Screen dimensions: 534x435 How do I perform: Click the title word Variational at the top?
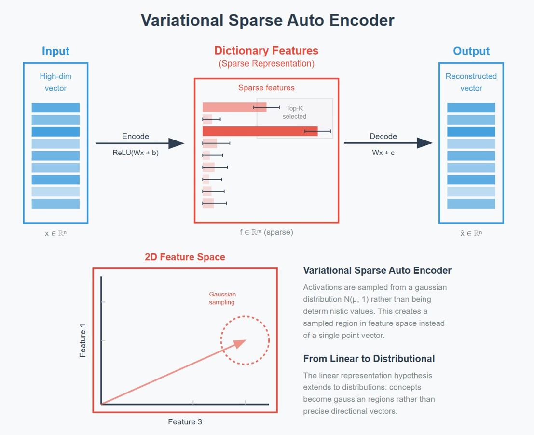coord(182,20)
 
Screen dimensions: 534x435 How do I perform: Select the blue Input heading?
coord(56,51)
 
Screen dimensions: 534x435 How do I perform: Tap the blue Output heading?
coord(471,51)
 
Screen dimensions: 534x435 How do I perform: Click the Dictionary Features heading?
coord(266,51)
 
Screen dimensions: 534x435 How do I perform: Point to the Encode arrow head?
coord(177,143)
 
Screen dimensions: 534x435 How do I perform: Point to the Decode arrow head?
coord(424,143)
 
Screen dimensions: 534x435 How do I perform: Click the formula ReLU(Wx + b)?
coord(136,153)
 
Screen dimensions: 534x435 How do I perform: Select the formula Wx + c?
coord(383,153)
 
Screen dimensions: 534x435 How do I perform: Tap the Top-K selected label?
coord(295,112)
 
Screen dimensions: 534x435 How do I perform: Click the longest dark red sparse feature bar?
coord(260,131)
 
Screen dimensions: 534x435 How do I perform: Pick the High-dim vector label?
coord(56,82)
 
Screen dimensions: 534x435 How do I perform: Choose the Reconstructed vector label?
coord(471,82)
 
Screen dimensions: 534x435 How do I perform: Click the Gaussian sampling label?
coord(222,298)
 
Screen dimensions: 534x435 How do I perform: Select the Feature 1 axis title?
coord(82,340)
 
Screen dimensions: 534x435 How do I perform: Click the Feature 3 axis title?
coord(185,421)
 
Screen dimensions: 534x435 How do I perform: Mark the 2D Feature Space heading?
coord(185,257)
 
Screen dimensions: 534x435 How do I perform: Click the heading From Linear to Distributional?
coord(369,359)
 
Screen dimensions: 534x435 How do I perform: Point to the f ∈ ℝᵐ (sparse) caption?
coord(266,232)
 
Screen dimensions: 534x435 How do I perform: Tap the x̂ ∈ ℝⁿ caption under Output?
coord(471,233)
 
